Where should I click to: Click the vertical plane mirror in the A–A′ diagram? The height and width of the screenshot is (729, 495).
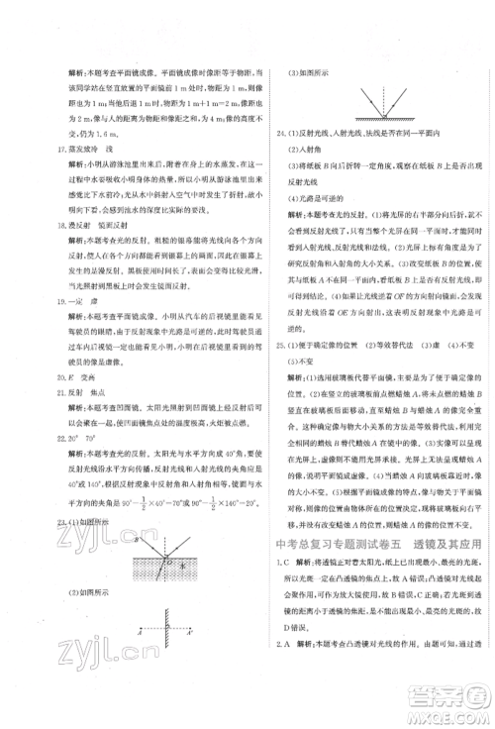click(x=147, y=628)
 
